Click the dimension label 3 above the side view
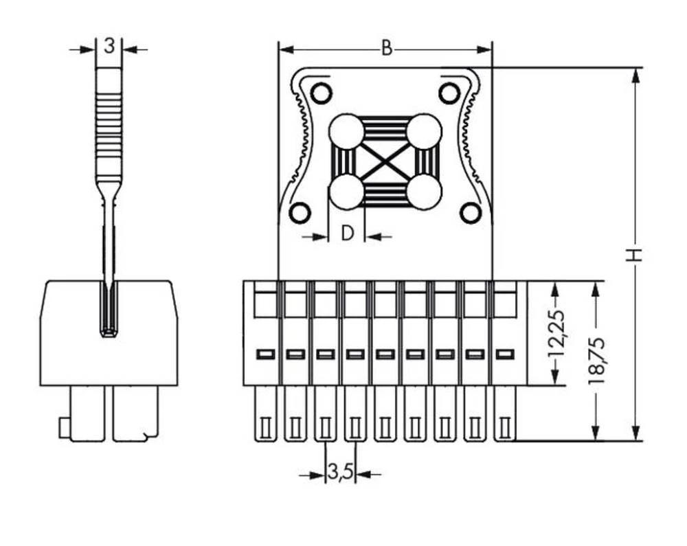(x=109, y=47)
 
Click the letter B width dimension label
(x=386, y=49)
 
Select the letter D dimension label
(x=347, y=234)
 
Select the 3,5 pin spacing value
(x=339, y=473)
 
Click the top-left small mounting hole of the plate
(x=321, y=92)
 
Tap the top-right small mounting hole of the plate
(x=449, y=92)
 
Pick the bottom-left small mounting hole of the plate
(x=300, y=213)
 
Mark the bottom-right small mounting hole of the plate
(x=471, y=213)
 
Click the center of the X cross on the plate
(x=385, y=163)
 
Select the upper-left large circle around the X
(x=346, y=132)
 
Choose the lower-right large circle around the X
(x=424, y=192)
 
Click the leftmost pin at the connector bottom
(x=264, y=414)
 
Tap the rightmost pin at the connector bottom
(x=504, y=414)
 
